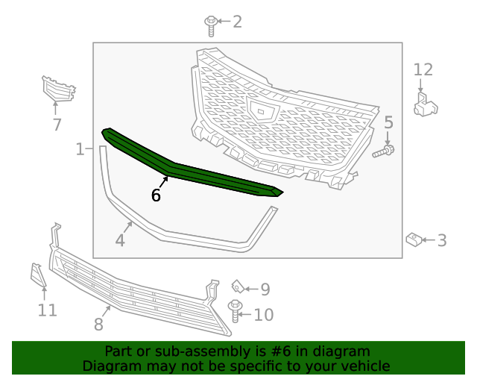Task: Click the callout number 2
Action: click(x=237, y=22)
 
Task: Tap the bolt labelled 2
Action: click(x=212, y=25)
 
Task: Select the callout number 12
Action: click(x=423, y=70)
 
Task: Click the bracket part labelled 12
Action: click(x=425, y=103)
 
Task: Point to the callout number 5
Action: click(x=388, y=122)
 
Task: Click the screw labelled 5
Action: click(x=383, y=151)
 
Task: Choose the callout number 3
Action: click(x=442, y=240)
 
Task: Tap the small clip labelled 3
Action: click(x=414, y=239)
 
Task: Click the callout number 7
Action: click(x=57, y=125)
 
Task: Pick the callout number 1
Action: click(x=80, y=150)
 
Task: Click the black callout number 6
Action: click(x=156, y=195)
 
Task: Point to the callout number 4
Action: click(x=120, y=240)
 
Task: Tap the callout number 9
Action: click(x=265, y=289)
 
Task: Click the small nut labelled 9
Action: click(x=237, y=286)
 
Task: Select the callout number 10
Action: click(x=264, y=315)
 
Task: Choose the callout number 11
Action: click(x=47, y=310)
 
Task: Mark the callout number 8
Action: click(x=98, y=324)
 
